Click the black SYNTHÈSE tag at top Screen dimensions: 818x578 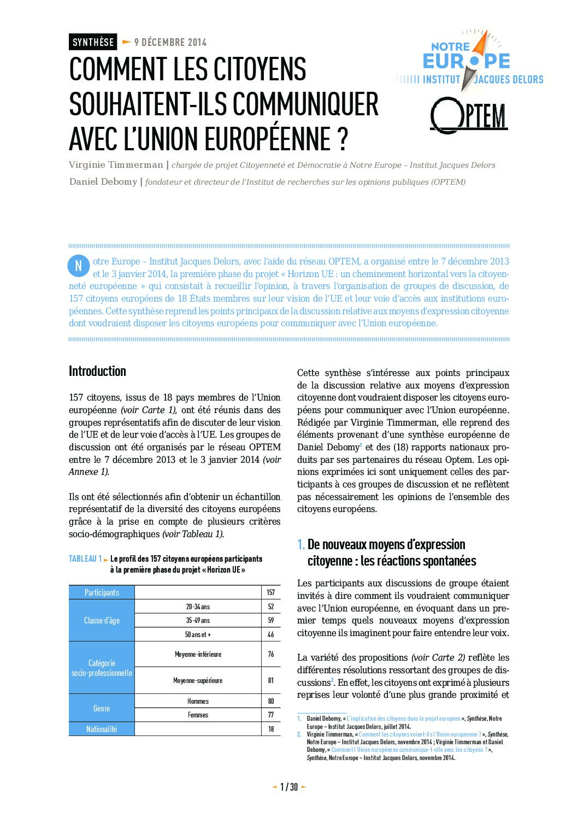coord(93,42)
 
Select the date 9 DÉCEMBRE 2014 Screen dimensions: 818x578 coord(170,42)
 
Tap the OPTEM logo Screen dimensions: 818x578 coord(469,115)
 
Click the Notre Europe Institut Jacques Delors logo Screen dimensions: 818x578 coord(468,60)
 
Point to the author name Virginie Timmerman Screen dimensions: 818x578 coord(116,165)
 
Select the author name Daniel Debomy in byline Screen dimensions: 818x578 coord(103,182)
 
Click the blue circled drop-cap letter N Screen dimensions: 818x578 coord(78,266)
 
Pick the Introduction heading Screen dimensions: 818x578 coord(97,372)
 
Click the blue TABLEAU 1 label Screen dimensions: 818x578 coord(85,559)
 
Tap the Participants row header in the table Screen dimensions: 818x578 coord(102,592)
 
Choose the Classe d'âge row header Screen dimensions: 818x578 coord(102,621)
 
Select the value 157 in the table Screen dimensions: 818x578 coord(271,592)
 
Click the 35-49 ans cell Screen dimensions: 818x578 coord(198,621)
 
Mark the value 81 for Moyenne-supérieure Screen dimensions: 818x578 coord(271,680)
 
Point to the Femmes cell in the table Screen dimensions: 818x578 coord(198,715)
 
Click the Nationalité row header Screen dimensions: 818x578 coord(102,729)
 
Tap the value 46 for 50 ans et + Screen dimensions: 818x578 coord(271,635)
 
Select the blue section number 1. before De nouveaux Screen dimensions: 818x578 coord(301,544)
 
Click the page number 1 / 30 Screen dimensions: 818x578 coord(289,787)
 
